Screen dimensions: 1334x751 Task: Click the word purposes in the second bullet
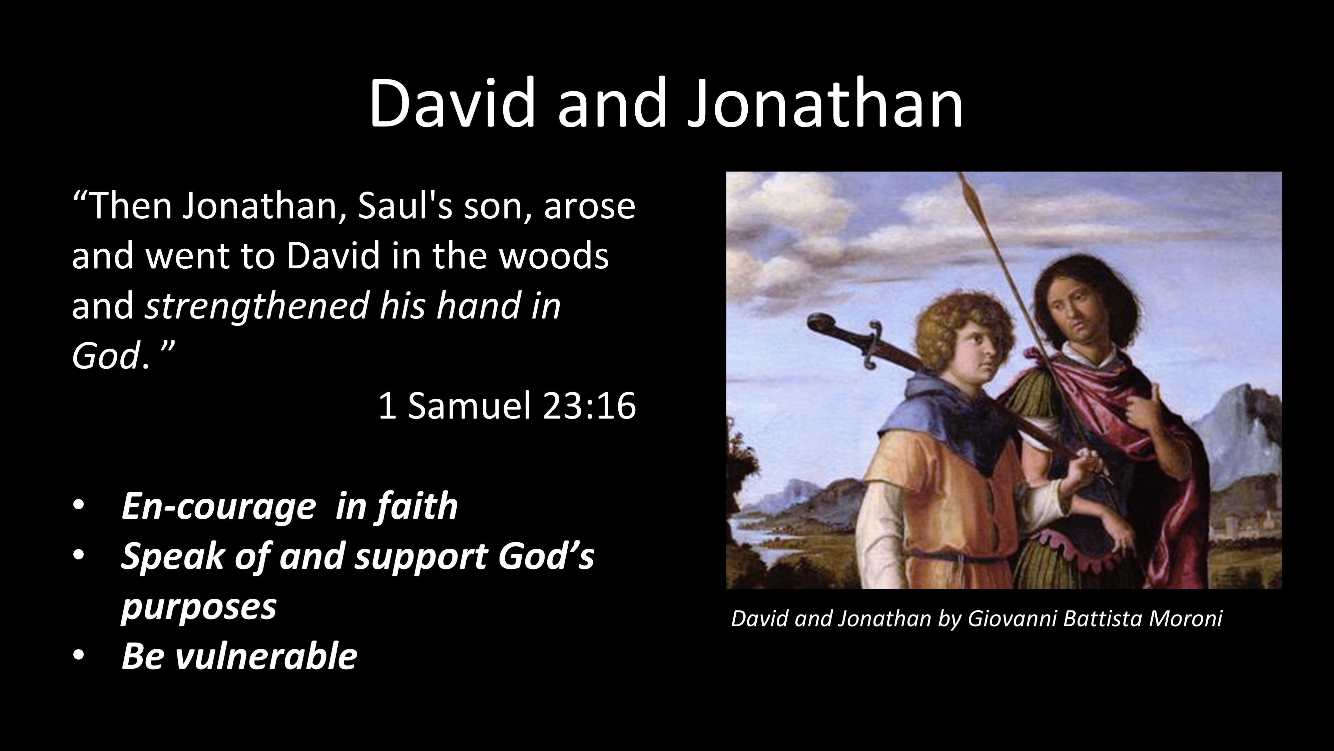click(198, 606)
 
